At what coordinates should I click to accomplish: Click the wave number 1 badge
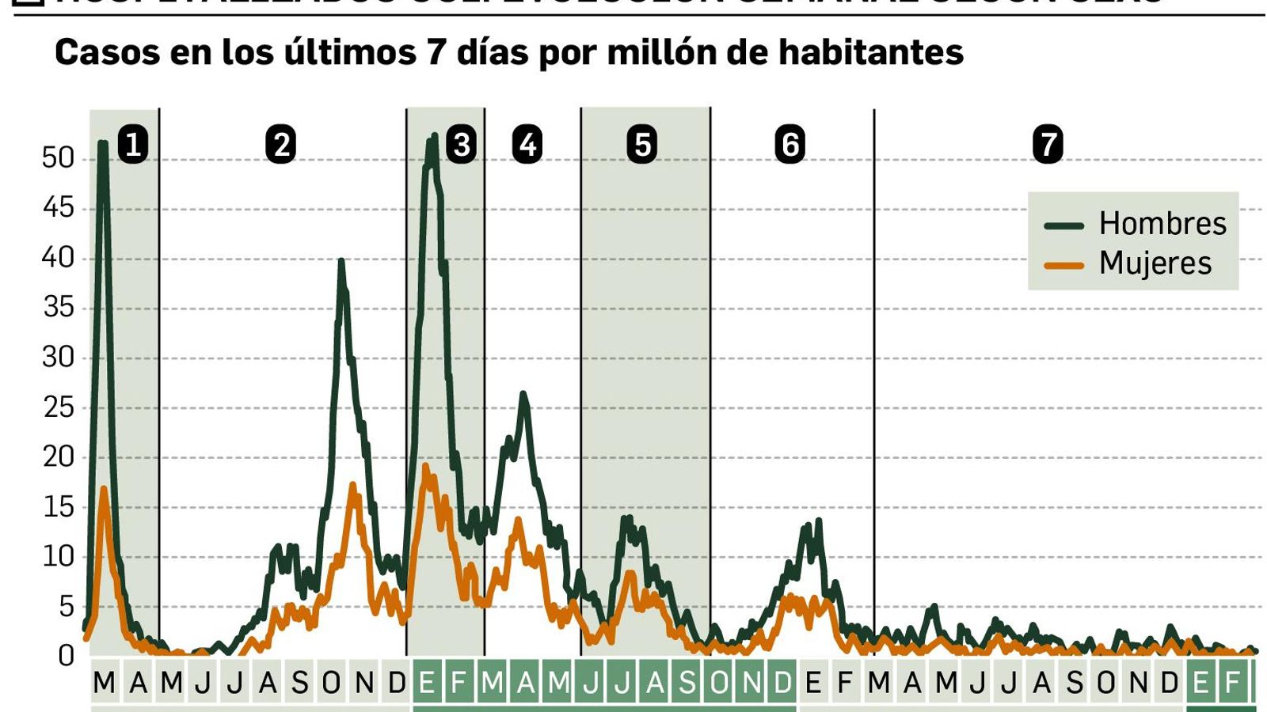click(133, 145)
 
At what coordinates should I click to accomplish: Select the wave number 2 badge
click(281, 145)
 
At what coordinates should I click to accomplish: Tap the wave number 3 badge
click(461, 145)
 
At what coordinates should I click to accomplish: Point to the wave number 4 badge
click(527, 145)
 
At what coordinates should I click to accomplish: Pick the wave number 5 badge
click(642, 145)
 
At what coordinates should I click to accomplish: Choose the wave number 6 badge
click(790, 145)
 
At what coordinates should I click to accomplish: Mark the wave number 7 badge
click(1048, 145)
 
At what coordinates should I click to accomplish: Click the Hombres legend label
click(1162, 224)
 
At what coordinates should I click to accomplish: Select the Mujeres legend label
click(1155, 263)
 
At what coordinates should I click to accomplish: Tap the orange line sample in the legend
click(1063, 266)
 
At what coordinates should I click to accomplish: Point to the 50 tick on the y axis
click(58, 158)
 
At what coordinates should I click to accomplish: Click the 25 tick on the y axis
click(58, 407)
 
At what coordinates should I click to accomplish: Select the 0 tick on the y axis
click(67, 656)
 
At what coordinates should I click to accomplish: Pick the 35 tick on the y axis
click(58, 308)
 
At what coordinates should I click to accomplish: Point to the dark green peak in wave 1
click(103, 144)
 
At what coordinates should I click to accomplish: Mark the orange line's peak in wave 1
click(104, 489)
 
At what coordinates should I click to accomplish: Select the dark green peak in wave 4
click(523, 394)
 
